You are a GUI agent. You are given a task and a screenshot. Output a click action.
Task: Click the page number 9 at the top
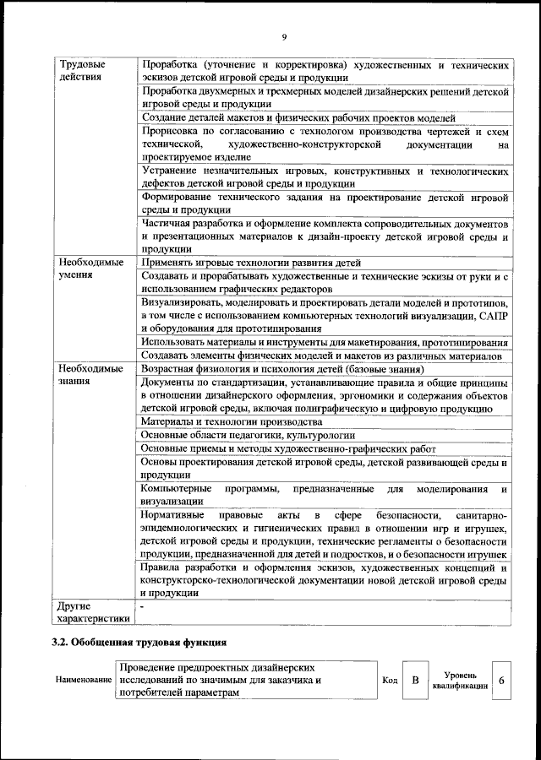tap(284, 37)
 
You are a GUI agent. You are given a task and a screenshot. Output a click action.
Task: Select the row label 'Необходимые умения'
tap(89, 269)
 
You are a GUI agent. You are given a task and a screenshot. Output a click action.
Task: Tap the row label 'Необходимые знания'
tap(89, 376)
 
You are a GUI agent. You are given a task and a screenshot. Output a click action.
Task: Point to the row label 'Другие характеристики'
tap(91, 612)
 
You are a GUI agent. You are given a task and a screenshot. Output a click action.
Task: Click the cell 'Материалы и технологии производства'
tap(231, 421)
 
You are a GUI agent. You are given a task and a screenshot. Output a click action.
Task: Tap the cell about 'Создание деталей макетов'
tap(298, 118)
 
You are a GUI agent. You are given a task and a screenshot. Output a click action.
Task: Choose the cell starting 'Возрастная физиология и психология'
tap(282, 369)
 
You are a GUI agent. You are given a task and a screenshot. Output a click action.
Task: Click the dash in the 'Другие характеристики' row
tap(143, 606)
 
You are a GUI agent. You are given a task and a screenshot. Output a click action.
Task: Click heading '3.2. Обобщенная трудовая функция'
tap(139, 643)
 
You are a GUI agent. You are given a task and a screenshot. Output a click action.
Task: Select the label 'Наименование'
tap(84, 680)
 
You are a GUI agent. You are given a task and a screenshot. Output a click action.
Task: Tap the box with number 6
tap(502, 680)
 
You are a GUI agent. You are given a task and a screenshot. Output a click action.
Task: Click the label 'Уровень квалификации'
tap(459, 681)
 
